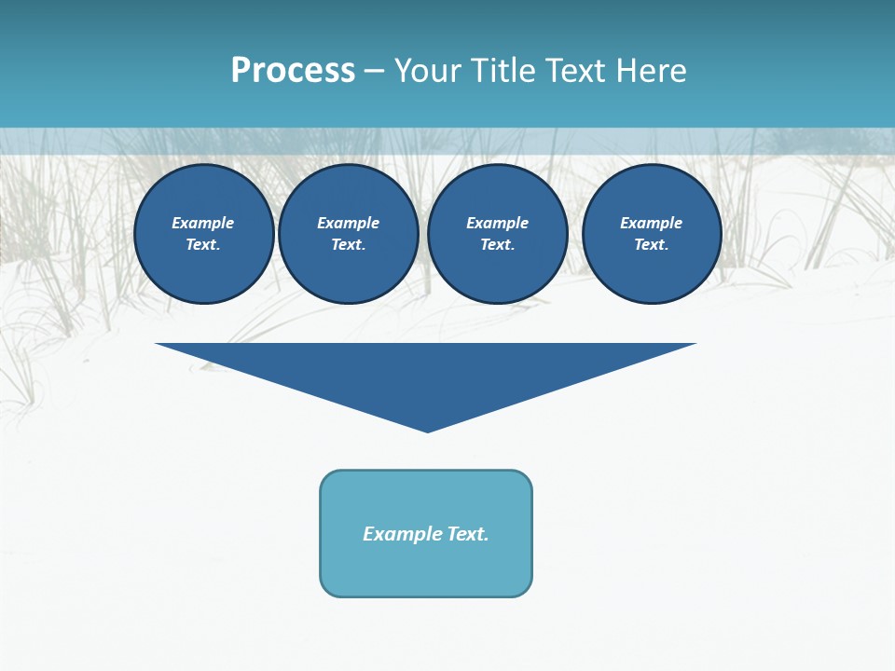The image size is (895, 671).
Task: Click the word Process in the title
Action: point(293,71)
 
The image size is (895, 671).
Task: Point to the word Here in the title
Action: point(649,71)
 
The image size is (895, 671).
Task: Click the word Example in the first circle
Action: point(203,223)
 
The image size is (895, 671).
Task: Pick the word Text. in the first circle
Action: point(203,245)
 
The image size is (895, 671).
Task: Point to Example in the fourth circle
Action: point(652,223)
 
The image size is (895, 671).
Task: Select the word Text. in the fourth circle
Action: point(652,245)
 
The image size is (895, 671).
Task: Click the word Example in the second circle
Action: point(349,223)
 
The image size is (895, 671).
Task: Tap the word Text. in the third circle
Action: point(498,245)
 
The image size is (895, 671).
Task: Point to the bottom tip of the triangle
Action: point(427,430)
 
